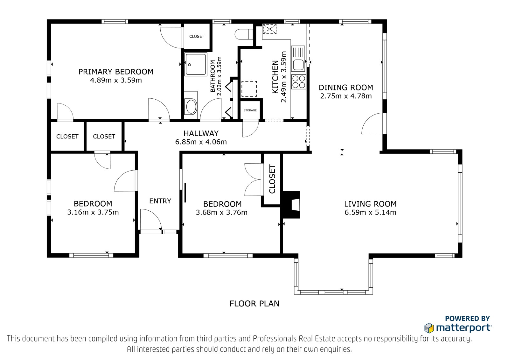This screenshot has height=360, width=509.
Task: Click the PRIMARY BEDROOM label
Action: [116, 72]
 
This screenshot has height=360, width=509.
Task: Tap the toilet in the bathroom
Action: [244, 34]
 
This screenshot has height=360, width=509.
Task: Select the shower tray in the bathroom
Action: [196, 64]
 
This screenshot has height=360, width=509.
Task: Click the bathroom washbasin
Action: [191, 106]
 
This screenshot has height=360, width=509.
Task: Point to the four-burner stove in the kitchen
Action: [299, 81]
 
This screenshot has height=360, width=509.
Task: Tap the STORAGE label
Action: [250, 110]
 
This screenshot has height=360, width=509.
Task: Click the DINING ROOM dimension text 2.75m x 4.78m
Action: [346, 96]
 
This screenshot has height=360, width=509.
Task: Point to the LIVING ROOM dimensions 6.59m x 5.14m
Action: [370, 212]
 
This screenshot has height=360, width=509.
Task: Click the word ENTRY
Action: [160, 201]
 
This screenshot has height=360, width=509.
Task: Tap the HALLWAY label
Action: [201, 133]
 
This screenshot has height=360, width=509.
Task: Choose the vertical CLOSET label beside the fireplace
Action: [272, 179]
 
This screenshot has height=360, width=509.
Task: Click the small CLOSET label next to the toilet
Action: [197, 36]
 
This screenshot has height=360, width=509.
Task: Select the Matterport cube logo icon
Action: [429, 328]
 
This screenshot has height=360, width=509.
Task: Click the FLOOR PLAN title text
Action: [254, 304]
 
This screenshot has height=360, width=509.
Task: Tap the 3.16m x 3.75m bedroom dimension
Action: [93, 212]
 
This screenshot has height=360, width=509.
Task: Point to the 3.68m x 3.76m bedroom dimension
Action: [221, 212]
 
